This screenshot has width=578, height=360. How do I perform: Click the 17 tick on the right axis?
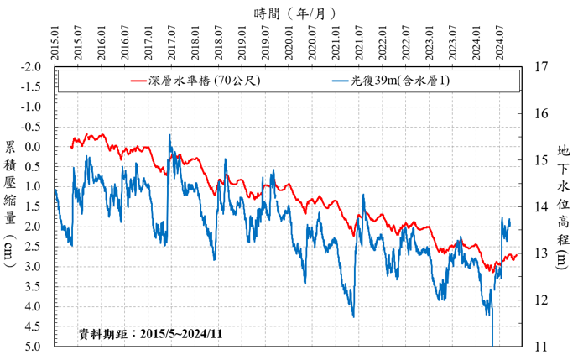click(540, 66)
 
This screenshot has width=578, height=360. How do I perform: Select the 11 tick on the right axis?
click(540, 346)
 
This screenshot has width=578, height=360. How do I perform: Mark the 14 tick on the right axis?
click(540, 206)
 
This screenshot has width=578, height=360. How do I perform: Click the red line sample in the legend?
click(133, 81)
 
